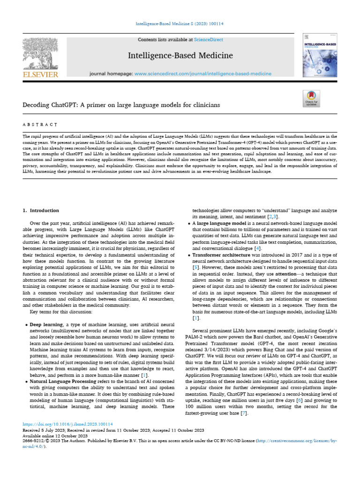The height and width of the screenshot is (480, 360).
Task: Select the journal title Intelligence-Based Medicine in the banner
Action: tap(180, 56)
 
